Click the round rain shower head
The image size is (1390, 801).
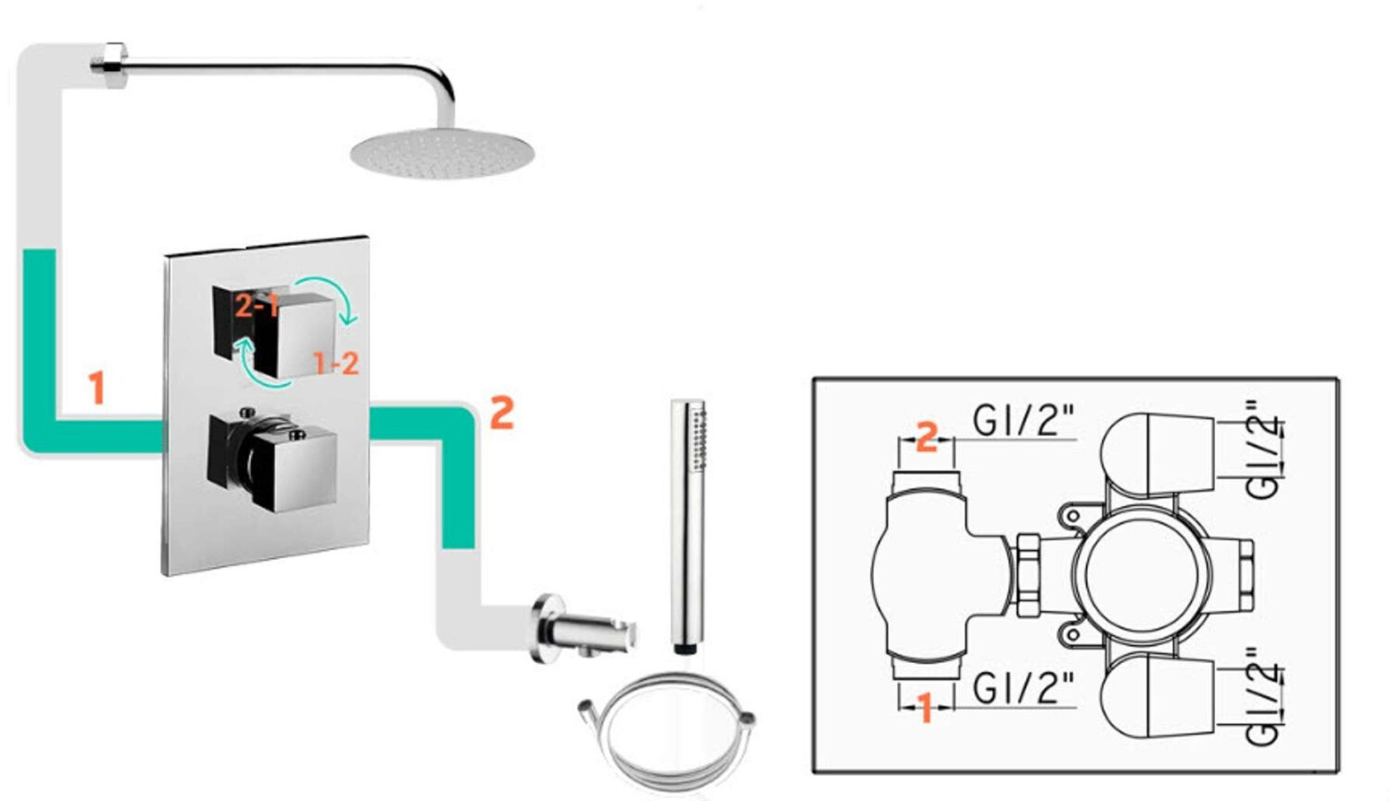442,153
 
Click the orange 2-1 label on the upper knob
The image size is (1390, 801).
257,306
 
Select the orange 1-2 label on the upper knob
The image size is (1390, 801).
335,363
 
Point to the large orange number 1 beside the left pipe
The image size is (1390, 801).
96,388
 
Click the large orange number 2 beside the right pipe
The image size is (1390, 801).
502,412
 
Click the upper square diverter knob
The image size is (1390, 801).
276,331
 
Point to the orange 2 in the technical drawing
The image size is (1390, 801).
927,437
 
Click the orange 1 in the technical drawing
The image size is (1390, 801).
925,708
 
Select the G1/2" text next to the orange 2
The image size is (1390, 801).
1023,420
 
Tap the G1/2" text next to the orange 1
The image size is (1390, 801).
1023,688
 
